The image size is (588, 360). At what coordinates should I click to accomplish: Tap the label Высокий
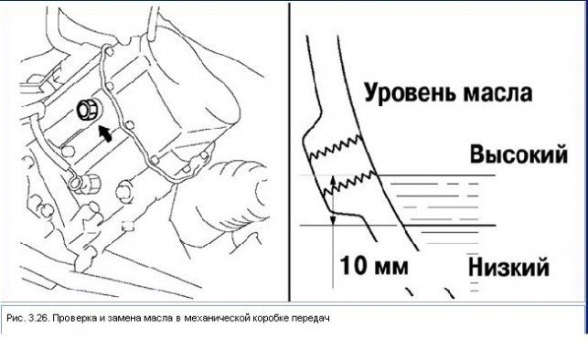coord(519,154)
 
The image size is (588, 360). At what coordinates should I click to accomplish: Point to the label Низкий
coord(508,268)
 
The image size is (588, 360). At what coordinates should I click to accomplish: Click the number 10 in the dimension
coord(352,266)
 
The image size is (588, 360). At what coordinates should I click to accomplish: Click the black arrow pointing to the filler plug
coord(105,133)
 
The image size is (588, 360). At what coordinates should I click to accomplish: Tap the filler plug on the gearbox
coord(89,110)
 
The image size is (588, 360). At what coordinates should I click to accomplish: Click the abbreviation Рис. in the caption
coord(16,319)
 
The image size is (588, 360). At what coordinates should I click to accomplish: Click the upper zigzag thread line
coord(335,147)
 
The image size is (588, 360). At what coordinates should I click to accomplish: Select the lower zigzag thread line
coord(349,183)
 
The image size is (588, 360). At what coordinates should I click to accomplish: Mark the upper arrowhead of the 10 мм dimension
coord(332,179)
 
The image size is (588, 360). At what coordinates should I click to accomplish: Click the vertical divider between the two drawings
coord(290,152)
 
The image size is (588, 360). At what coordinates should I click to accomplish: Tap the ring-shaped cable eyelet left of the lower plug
coord(75,183)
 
